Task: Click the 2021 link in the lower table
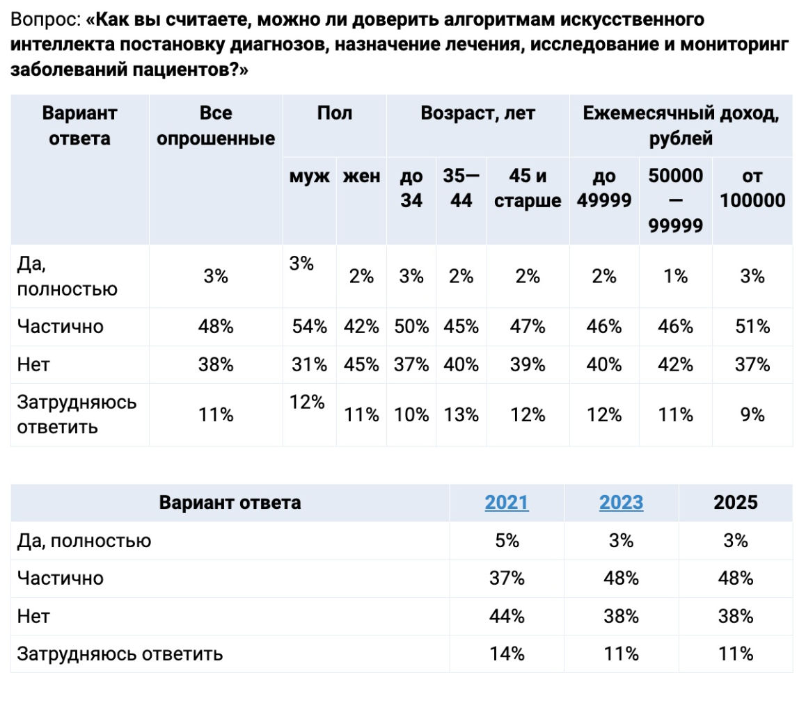click(506, 503)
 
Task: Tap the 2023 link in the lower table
click(621, 503)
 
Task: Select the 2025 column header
click(735, 503)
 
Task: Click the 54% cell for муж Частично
click(309, 326)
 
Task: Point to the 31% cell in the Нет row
click(309, 364)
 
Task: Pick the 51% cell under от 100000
click(752, 326)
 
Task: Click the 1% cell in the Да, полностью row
click(675, 276)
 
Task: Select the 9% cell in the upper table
click(752, 415)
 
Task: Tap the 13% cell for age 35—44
click(461, 415)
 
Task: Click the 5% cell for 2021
click(507, 540)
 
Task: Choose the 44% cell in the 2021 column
click(507, 616)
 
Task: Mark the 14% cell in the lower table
click(507, 654)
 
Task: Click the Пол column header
click(334, 113)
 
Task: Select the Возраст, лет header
click(477, 113)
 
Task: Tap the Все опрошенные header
click(216, 126)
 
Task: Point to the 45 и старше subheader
click(528, 188)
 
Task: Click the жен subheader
click(361, 176)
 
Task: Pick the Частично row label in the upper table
click(60, 326)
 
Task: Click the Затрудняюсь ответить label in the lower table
click(120, 654)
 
